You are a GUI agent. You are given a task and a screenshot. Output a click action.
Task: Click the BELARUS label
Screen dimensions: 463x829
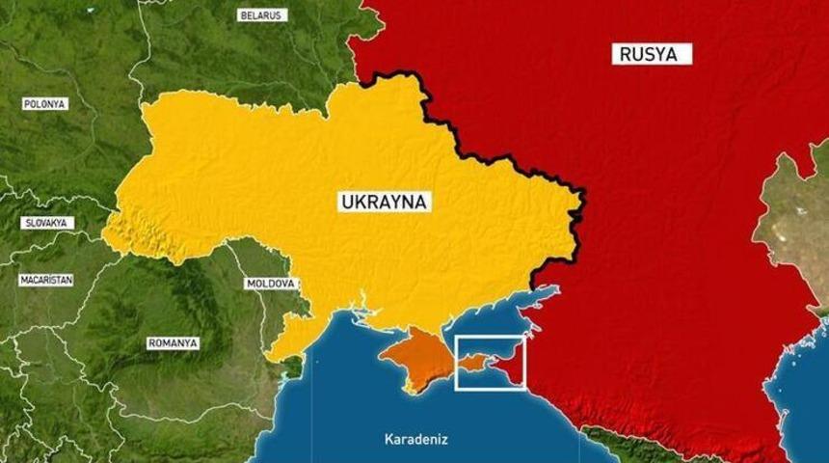[262, 15]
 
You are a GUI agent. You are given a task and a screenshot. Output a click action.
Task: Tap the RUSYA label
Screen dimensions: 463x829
[652, 54]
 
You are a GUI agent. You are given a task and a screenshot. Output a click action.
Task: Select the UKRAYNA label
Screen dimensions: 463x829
[385, 202]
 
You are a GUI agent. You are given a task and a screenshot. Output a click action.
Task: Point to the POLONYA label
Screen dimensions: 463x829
[44, 103]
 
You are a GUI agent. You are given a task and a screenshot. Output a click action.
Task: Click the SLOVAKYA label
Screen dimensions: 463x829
[46, 223]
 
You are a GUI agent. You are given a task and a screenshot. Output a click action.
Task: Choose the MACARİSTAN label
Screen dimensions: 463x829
[47, 281]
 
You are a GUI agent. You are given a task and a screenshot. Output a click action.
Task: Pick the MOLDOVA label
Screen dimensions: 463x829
[271, 284]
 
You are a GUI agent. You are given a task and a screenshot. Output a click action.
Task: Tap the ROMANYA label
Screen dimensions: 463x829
[173, 342]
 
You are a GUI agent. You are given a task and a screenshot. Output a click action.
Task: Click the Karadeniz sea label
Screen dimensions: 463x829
[416, 439]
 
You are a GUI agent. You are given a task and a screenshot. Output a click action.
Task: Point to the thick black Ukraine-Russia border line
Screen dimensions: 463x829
[501, 145]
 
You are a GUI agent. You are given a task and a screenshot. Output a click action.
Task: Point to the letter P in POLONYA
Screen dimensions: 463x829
[26, 103]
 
